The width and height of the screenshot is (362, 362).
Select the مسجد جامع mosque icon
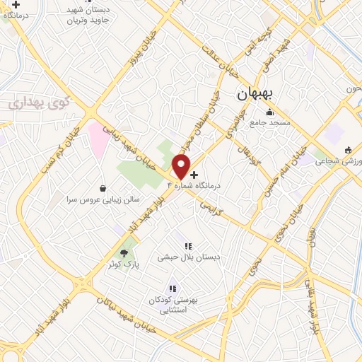pos(269,112)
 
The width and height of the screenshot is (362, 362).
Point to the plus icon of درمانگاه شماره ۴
pos(194,174)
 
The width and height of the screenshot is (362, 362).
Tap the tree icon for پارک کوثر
pos(125,252)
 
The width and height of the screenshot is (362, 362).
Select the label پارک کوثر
pos(125,264)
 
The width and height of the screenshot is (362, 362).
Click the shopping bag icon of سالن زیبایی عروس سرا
pos(104,189)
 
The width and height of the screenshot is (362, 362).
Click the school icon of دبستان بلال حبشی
pos(188,246)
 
